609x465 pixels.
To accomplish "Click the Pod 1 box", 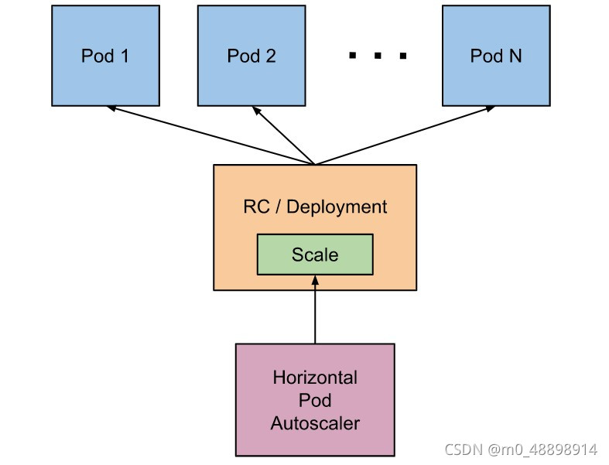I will [105, 56].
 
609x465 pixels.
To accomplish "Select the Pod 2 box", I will [251, 56].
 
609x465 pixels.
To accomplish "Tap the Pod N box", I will [496, 56].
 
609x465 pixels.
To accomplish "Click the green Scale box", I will [315, 255].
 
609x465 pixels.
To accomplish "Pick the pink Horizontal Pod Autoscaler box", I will [315, 399].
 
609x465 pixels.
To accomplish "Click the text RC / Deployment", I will [315, 207].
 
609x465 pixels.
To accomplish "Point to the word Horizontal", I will [315, 378].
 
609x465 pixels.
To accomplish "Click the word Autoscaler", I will [315, 423].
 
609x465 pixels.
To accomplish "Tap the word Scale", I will [315, 255].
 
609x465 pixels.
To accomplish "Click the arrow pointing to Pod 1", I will [209, 135].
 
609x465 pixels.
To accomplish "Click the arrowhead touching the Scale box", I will [315, 279].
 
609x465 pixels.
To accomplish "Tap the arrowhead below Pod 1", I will [111, 109].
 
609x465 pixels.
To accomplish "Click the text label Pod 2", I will [251, 56].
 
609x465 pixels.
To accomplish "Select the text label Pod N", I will [496, 56].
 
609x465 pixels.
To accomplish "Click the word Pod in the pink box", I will [315, 401].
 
